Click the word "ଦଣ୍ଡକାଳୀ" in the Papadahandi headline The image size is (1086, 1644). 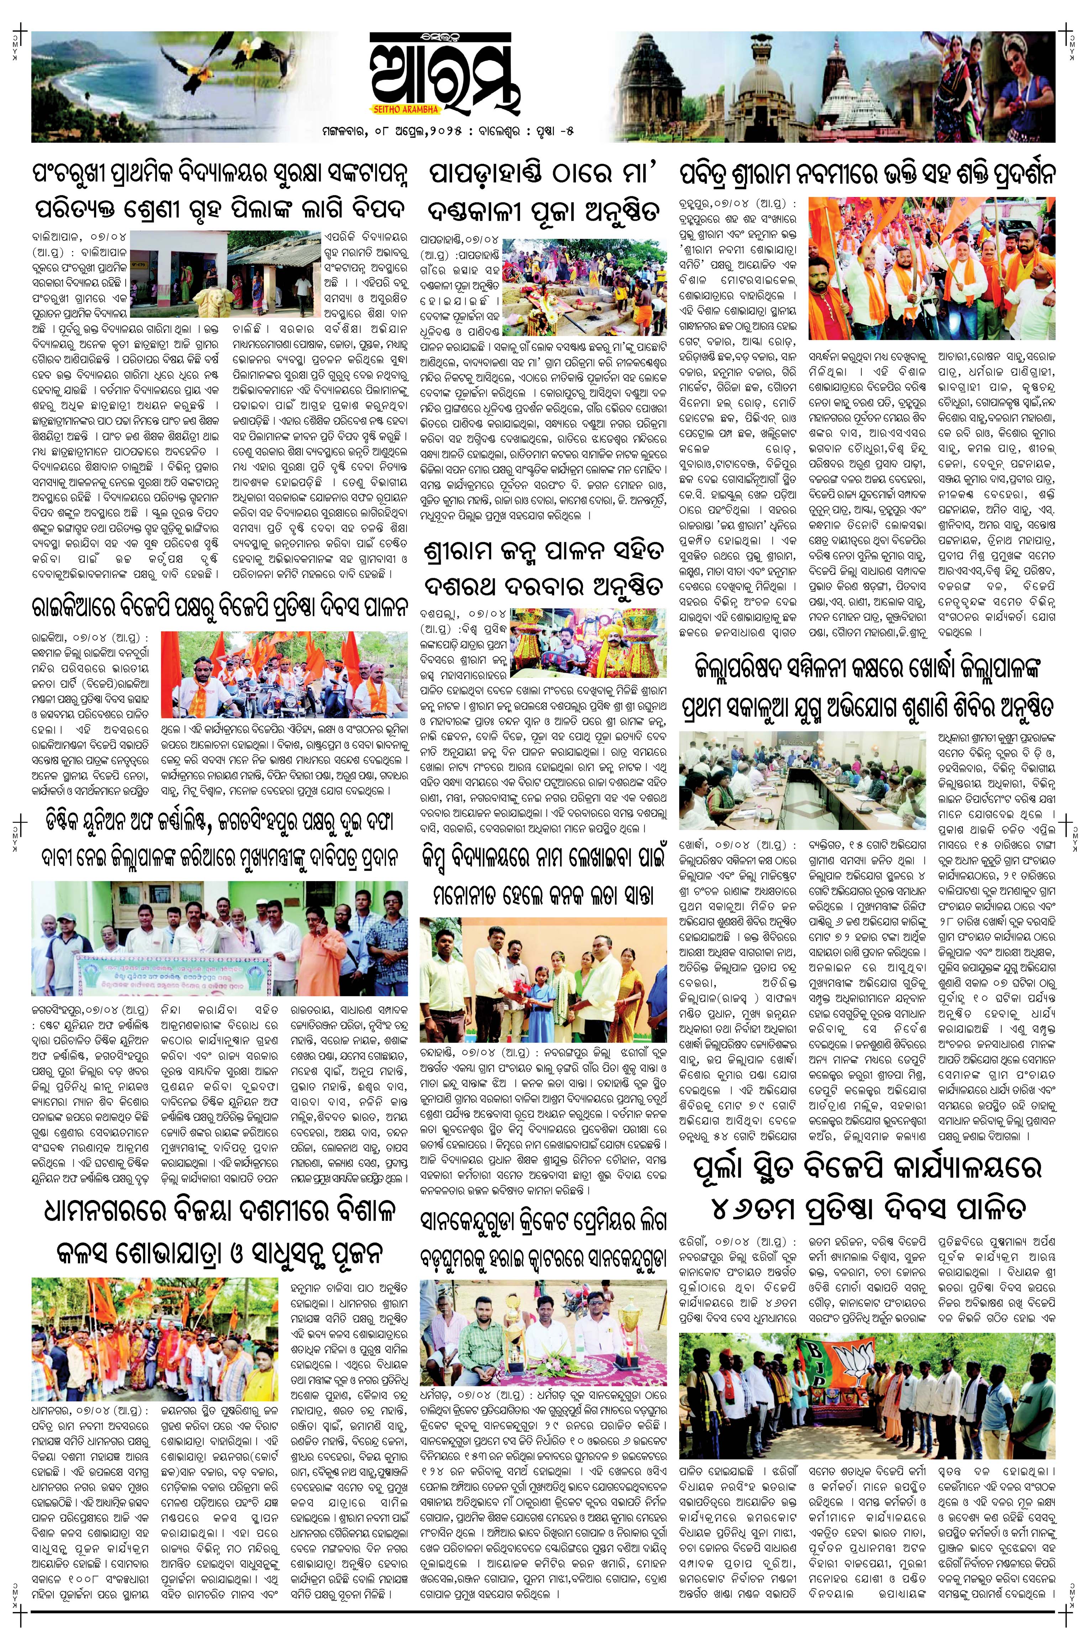point(489,211)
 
